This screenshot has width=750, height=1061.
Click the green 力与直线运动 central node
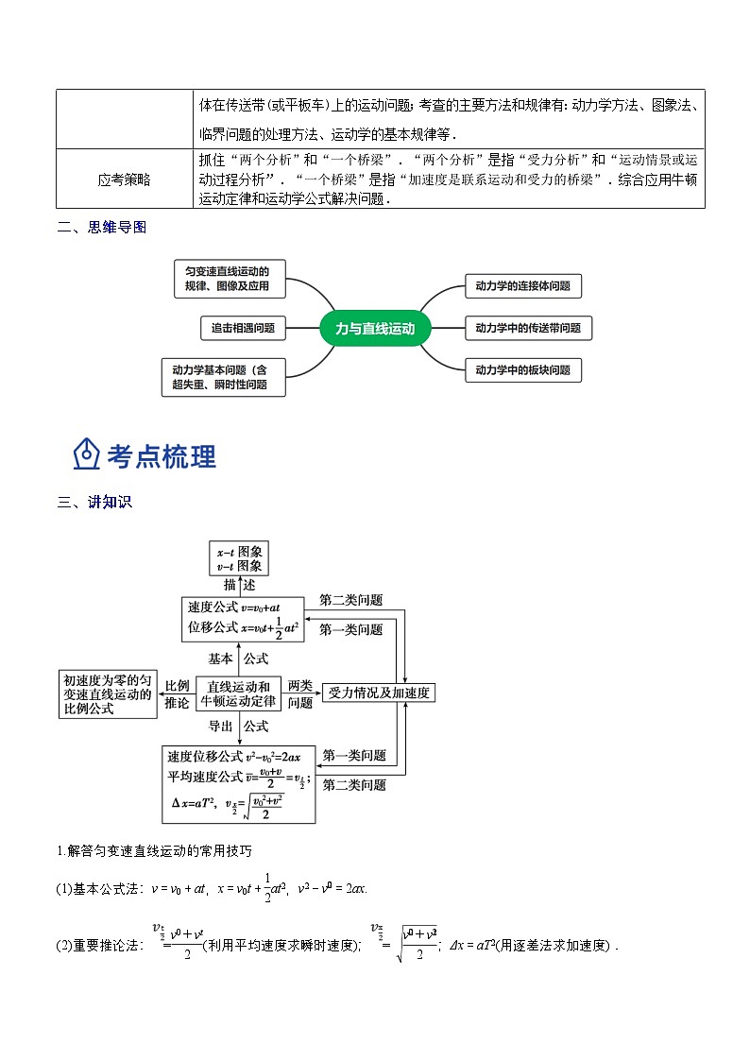coord(375,328)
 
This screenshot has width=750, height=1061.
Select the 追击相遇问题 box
coord(243,328)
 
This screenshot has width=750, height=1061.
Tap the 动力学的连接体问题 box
coord(522,285)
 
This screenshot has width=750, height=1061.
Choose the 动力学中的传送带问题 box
coord(528,328)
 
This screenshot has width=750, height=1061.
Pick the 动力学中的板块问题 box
coord(522,370)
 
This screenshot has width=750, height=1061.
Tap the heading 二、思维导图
coord(102,228)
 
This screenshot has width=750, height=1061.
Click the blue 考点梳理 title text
coord(162,456)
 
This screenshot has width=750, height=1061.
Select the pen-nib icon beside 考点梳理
coord(86,454)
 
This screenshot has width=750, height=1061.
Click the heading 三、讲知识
coord(94,503)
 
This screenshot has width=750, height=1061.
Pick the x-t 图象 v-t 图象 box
coord(238,558)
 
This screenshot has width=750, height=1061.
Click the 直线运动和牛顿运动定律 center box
coord(239,693)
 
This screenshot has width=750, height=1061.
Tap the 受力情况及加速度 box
coord(379,693)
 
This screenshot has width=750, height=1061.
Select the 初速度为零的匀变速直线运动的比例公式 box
coord(108,693)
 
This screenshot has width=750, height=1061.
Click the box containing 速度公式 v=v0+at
coord(243,619)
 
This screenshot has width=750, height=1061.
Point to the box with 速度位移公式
coord(239,783)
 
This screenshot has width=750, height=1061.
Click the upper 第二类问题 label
coord(351,600)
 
